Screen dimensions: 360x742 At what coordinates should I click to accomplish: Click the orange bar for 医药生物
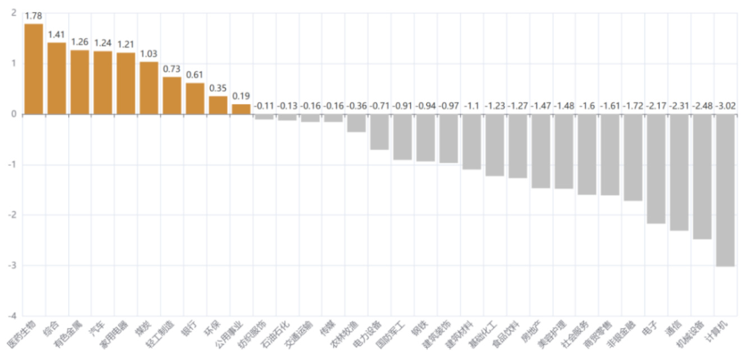pos(34,69)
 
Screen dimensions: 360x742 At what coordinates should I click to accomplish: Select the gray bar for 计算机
pos(725,190)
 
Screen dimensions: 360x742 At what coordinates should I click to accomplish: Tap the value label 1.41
pos(57,35)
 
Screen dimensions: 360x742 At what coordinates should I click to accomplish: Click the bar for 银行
pos(195,99)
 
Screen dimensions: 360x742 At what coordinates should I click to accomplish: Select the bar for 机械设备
pos(702,177)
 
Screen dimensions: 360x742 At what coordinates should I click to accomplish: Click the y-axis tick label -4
pos(12,316)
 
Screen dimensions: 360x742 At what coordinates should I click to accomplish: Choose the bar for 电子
pos(656,169)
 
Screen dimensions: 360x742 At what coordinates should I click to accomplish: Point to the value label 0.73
pos(172,69)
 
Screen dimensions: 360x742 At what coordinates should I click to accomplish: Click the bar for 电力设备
pos(379,132)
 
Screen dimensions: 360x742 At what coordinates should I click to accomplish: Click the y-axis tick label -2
pos(12,215)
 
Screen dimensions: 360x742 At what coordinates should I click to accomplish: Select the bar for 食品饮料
pos(518,146)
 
